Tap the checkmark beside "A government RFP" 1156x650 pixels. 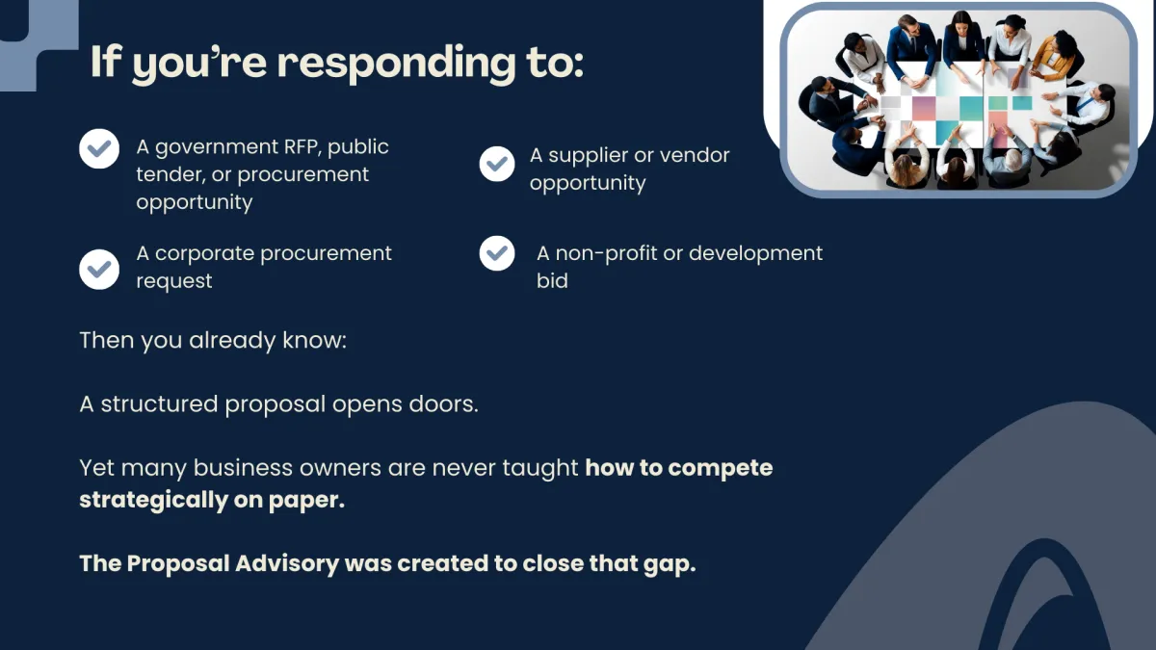pos(99,149)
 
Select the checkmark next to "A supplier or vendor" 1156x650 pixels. pos(497,164)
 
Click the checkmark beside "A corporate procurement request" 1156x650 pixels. pos(99,269)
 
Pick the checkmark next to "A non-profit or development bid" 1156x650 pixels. pos(497,254)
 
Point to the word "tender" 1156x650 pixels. pos(167,175)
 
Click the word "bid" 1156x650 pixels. pos(552,281)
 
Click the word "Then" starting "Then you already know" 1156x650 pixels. pos(107,341)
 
